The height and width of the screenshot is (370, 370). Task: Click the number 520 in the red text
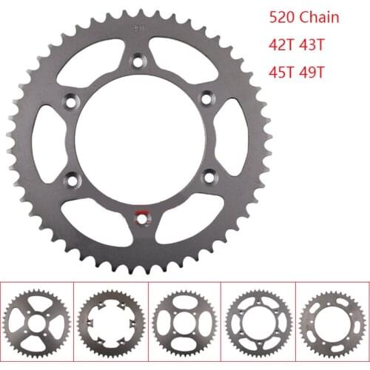(x=282, y=18)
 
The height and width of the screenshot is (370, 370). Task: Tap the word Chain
(x=320, y=17)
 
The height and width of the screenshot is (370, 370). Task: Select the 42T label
(x=282, y=45)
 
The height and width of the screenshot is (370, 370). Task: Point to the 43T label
(x=312, y=45)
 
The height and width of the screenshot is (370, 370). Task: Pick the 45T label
(x=282, y=73)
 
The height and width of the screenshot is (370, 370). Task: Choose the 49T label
(x=312, y=73)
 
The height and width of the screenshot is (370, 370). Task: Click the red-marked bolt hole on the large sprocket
(x=141, y=219)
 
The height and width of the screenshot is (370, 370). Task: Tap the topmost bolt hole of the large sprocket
(x=139, y=61)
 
